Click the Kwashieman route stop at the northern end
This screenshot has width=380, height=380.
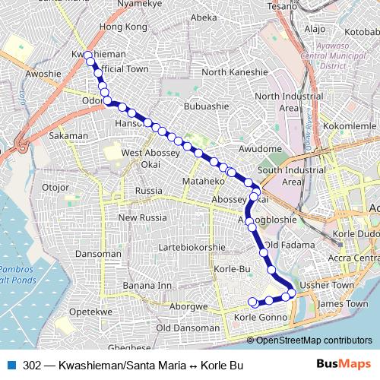tap(89, 55)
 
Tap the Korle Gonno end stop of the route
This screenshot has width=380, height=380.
tap(253, 302)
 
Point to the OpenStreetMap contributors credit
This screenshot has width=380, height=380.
tap(315, 340)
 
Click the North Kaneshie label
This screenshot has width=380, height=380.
tap(235, 72)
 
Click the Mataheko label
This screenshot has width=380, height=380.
tap(204, 182)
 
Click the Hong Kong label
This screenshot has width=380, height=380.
tap(122, 27)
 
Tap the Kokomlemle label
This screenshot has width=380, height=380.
tap(350, 125)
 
